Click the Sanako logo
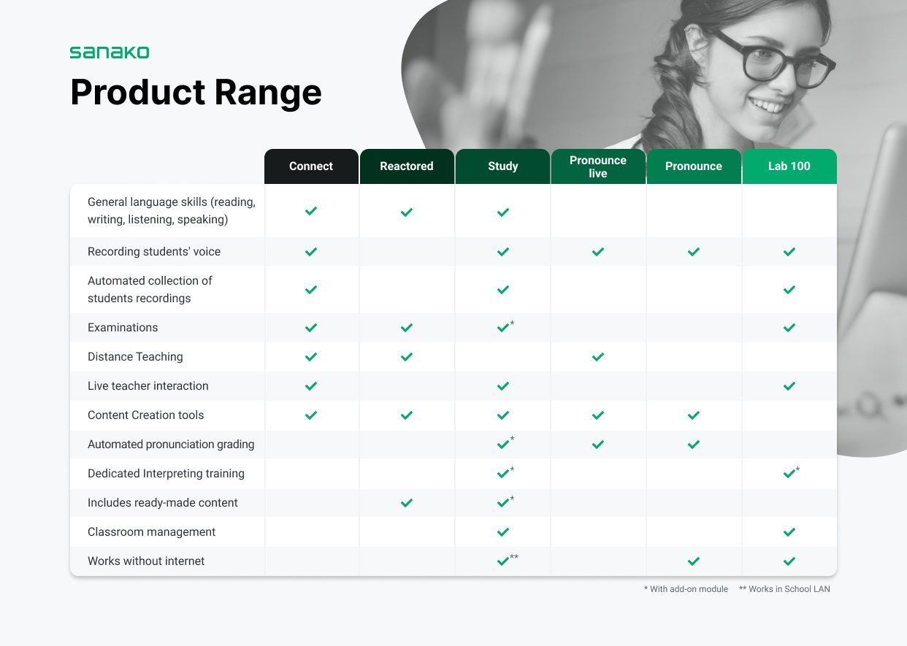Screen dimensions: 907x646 click(110, 53)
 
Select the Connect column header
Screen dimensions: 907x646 click(311, 166)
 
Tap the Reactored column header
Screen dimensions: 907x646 click(407, 166)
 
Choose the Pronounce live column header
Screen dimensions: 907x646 click(598, 166)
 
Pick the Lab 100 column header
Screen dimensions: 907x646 click(789, 166)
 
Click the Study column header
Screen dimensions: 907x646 click(502, 166)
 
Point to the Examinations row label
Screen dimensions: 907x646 click(123, 328)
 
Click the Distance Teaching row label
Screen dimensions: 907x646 click(135, 357)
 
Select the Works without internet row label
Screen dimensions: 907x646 click(146, 561)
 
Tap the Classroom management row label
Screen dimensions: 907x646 click(151, 532)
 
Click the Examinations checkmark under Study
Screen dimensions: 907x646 click(503, 328)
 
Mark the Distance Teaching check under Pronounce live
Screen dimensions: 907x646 click(598, 357)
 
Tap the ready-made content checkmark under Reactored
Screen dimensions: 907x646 click(407, 503)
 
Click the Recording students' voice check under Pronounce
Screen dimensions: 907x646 click(694, 252)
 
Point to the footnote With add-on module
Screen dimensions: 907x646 click(686, 589)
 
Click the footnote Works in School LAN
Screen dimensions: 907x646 click(784, 589)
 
